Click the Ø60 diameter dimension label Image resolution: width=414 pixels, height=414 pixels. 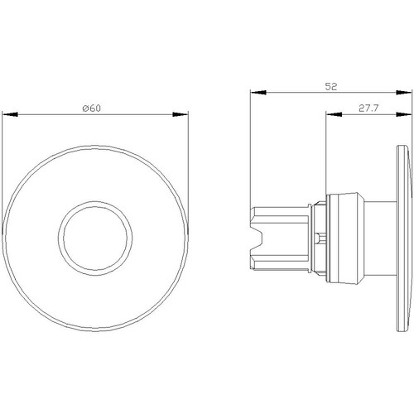click(x=92, y=108)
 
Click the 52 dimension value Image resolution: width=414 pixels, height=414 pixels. click(x=331, y=87)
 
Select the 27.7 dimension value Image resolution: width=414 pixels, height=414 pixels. click(x=368, y=108)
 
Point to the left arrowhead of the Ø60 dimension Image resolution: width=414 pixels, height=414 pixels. click(x=10, y=114)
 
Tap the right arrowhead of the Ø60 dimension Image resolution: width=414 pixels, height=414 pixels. click(x=181, y=114)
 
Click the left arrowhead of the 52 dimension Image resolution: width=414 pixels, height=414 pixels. click(x=258, y=93)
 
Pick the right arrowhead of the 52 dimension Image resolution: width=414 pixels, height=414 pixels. click(x=404, y=93)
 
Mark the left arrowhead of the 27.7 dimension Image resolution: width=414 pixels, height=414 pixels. click(x=334, y=114)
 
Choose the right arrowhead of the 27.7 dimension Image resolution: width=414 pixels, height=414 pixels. click(x=404, y=114)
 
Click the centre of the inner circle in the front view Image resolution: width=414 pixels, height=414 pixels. click(x=95, y=238)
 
